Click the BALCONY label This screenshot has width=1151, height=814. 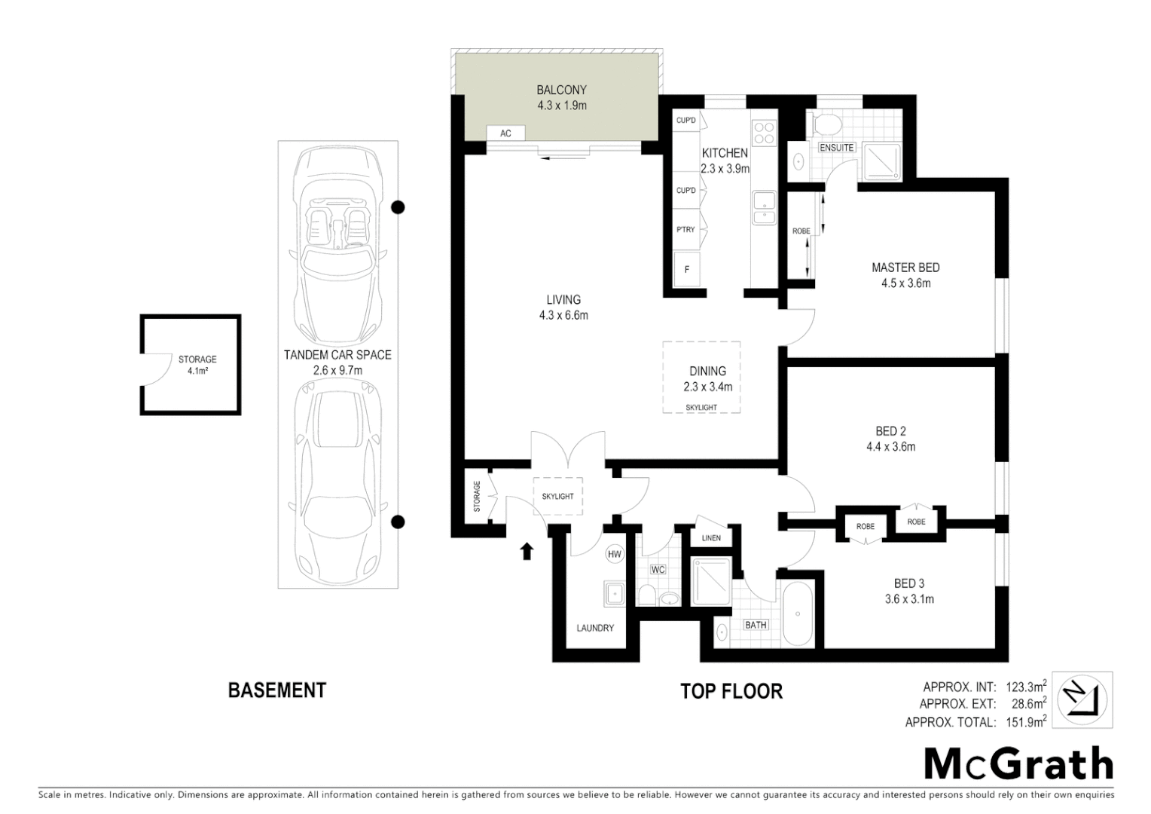coord(561,90)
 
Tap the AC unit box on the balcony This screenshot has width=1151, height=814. coord(505,133)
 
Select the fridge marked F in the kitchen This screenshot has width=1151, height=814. coord(686,269)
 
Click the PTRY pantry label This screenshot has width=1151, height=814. coord(685,229)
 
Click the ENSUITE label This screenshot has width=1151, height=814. coord(836,148)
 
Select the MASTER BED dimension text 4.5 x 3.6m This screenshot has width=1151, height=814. coord(905,284)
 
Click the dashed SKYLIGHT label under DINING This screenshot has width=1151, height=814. coord(701,408)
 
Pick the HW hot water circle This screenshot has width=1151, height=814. coord(615,555)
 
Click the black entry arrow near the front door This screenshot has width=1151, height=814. coord(527,552)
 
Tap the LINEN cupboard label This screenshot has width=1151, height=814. coord(711,538)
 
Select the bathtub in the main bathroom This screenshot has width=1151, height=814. coord(797,614)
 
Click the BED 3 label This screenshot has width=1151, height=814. coord(908,583)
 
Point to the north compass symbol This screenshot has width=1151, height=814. coord(1082,699)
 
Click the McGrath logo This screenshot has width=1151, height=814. coord(1018,764)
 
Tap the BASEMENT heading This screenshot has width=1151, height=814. coord(276,690)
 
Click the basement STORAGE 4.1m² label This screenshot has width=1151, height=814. coord(197,365)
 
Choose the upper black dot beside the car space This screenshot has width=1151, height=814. coord(398,207)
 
